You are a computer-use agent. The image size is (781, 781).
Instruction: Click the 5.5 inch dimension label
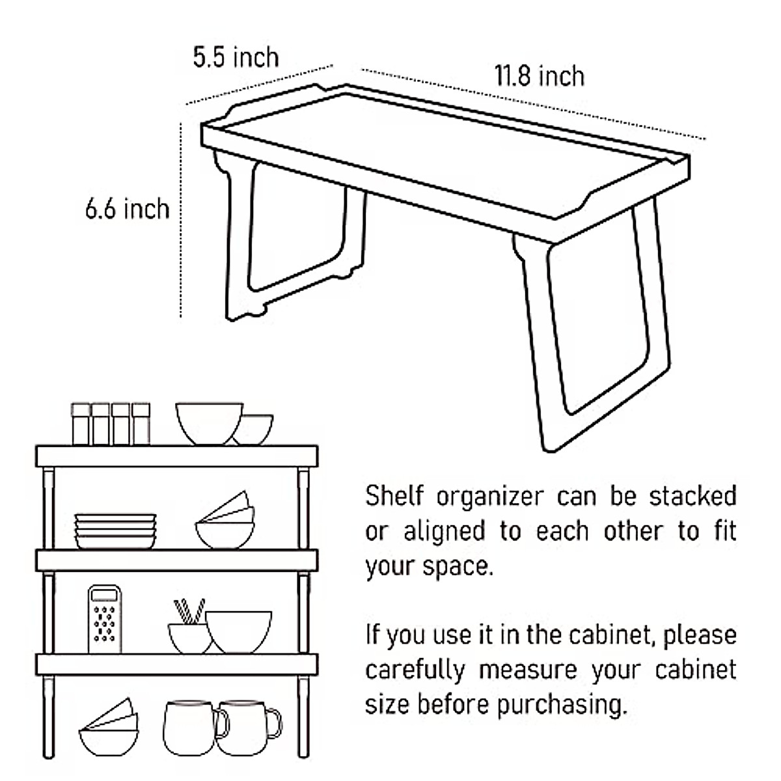(x=236, y=57)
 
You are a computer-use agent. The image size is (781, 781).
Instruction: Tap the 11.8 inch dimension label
(x=539, y=76)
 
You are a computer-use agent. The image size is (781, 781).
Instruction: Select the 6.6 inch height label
(x=127, y=209)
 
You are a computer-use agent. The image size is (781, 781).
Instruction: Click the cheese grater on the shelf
(x=105, y=619)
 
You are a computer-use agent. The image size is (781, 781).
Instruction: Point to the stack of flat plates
(x=115, y=531)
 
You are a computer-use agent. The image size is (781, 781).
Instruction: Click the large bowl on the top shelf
(x=208, y=423)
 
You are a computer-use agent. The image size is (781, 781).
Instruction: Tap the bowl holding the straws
(x=189, y=638)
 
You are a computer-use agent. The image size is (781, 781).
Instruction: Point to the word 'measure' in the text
(x=527, y=670)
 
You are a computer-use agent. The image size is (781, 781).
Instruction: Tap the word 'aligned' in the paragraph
(x=445, y=532)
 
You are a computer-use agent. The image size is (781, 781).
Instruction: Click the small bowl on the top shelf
(x=254, y=430)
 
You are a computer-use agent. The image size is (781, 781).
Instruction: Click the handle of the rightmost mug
(x=273, y=724)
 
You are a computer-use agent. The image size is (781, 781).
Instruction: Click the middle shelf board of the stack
(x=176, y=560)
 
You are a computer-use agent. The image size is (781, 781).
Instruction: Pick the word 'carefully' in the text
(x=415, y=670)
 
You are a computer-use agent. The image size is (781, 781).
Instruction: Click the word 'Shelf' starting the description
(x=394, y=497)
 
